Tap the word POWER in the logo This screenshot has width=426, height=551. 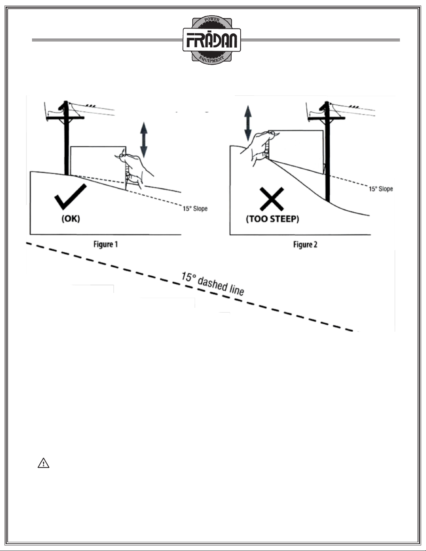(212, 21)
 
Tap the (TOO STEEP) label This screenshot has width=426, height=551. (272, 220)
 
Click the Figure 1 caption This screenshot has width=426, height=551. (106, 244)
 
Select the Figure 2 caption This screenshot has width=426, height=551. (305, 245)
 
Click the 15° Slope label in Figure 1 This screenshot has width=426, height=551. (195, 209)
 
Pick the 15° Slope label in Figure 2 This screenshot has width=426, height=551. (381, 189)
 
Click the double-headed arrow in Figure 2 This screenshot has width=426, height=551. (248, 123)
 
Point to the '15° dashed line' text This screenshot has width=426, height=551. (212, 284)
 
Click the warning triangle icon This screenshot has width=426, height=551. (43, 463)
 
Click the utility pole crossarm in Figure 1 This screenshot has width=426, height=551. (65, 118)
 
